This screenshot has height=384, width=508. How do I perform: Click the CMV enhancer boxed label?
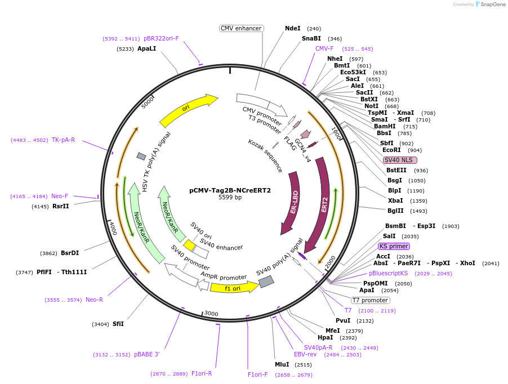pyautogui.click(x=241, y=28)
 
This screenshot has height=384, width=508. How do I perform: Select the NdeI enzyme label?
pyautogui.click(x=293, y=28)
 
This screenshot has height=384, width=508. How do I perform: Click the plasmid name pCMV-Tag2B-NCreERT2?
pyautogui.click(x=230, y=190)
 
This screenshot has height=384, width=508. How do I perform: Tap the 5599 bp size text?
pyautogui.click(x=230, y=198)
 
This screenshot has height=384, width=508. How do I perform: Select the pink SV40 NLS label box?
pyautogui.click(x=400, y=160)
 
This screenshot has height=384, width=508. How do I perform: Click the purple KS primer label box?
pyautogui.click(x=394, y=246)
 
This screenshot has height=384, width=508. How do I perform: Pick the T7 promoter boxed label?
pyautogui.click(x=370, y=300)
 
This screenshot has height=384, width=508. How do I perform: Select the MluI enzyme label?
pyautogui.click(x=282, y=364)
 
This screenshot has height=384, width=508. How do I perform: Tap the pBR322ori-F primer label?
pyautogui.click(x=161, y=38)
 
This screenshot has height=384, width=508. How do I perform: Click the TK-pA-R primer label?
pyautogui.click(x=63, y=140)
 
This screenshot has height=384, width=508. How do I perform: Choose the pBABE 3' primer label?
pyautogui.click(x=146, y=354)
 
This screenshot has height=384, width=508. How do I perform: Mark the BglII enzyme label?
pyautogui.click(x=395, y=211)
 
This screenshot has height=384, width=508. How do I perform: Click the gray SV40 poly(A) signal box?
pyautogui.click(x=266, y=281)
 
